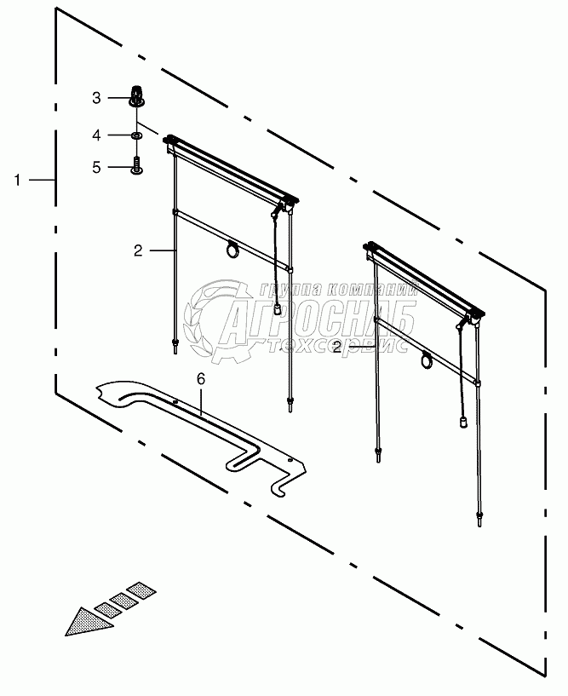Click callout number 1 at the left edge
(17, 180)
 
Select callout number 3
(97, 98)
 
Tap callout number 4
(97, 135)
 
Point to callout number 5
(97, 167)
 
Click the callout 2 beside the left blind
(137, 250)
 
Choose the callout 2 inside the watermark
(337, 348)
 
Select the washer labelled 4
(136, 135)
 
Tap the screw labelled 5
(136, 164)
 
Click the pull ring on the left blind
(232, 249)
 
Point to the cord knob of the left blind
(278, 308)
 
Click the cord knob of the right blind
(464, 420)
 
